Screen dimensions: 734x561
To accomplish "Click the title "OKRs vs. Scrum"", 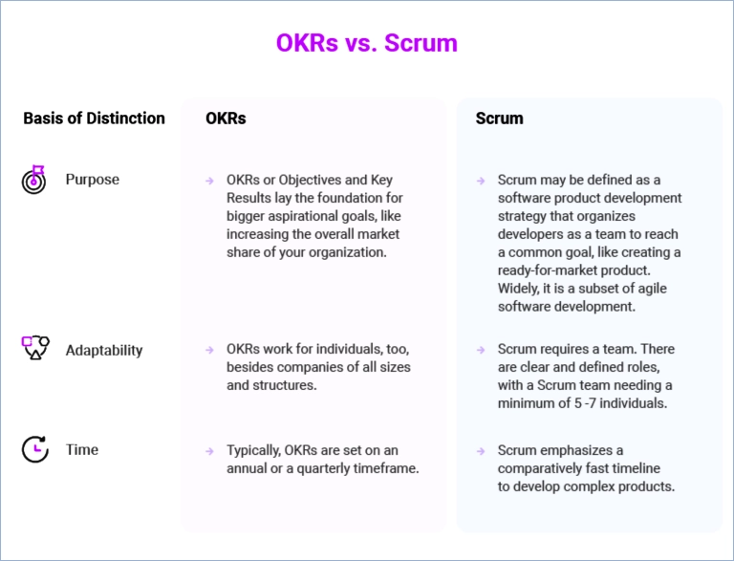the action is coord(367,43).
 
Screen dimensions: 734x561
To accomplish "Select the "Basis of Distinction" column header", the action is coord(94,118).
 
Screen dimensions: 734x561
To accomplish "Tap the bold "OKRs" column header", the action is coord(226,118).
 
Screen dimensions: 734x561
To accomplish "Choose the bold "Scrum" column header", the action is coord(500,118).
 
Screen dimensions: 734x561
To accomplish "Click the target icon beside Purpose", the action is coord(33,180).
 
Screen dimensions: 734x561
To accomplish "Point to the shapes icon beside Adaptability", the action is coord(35,348).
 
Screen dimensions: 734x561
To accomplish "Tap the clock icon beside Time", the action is coord(35,449).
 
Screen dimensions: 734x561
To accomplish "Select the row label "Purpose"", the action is coord(92,180).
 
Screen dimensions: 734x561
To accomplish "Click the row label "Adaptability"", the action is coord(104,351).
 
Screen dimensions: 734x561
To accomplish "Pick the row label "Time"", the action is coord(82,449).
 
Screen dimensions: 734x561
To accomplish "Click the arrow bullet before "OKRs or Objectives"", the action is coord(209,181).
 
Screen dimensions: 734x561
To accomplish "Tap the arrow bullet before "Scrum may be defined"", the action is coord(481,181).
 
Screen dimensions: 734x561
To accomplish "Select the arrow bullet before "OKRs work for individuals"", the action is coord(209,350).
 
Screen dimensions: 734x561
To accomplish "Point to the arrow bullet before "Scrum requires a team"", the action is coord(481,350).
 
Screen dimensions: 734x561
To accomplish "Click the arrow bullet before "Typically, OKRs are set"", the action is coord(209,451).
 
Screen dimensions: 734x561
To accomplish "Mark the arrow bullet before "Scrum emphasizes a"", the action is coord(481,451).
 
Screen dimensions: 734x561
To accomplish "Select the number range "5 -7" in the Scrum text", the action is coord(585,403).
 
